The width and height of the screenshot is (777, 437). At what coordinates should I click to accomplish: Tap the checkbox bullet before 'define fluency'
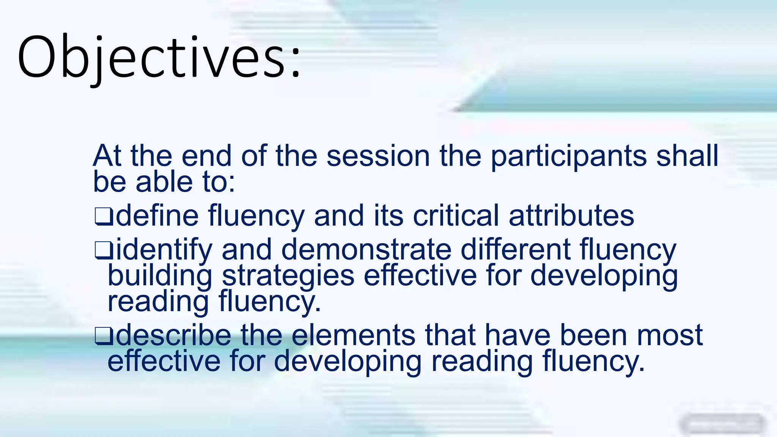tap(103, 217)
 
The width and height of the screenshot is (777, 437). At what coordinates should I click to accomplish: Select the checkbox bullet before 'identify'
tap(103, 250)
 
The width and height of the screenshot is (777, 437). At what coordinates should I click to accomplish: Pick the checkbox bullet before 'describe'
tap(103, 336)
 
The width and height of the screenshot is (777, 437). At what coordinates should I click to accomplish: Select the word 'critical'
tap(456, 215)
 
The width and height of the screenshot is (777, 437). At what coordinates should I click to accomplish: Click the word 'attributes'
tap(571, 215)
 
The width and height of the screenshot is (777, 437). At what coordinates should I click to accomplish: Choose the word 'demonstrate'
tap(366, 249)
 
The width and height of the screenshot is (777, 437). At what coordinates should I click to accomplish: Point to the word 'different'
tap(515, 249)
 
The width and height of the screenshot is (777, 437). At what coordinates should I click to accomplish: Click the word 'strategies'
tap(288, 276)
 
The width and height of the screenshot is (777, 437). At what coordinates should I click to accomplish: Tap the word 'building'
tap(159, 276)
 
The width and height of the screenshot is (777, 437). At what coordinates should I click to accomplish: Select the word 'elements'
tap(353, 335)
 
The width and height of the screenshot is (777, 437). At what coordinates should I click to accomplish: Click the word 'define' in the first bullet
tap(157, 215)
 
